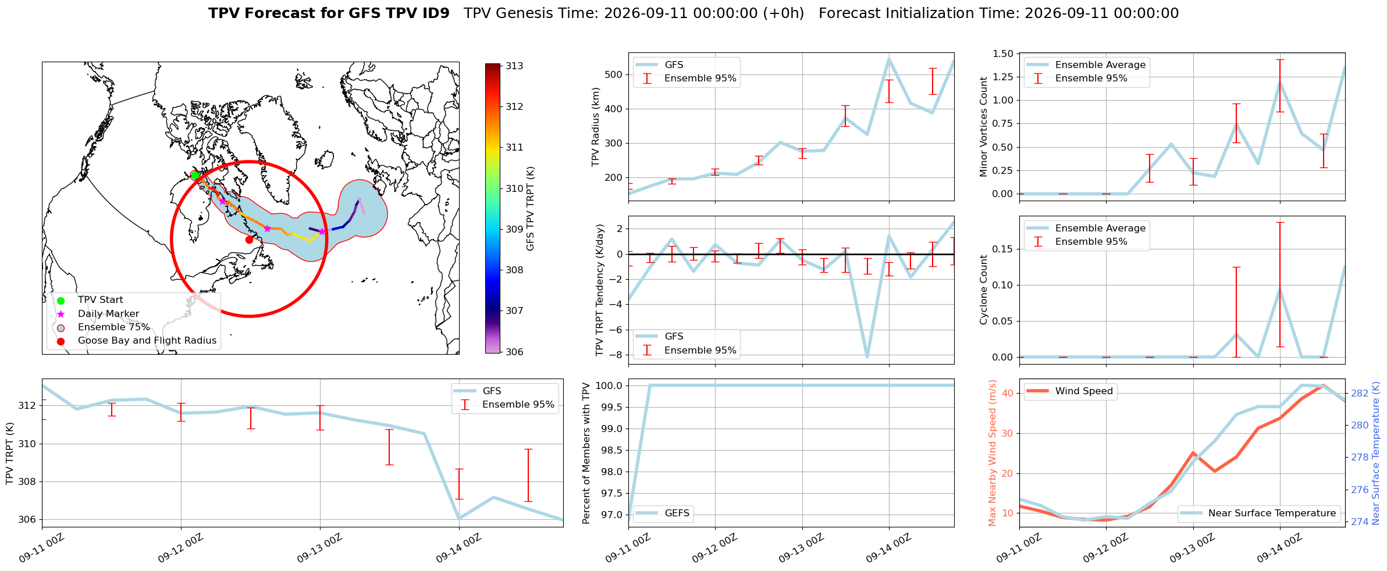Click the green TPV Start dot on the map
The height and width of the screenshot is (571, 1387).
[195, 176]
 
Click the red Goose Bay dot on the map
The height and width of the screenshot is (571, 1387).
[249, 240]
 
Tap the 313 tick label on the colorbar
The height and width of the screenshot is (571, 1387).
[514, 66]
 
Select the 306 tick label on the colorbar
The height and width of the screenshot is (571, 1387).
[514, 352]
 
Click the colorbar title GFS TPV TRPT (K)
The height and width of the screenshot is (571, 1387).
[530, 209]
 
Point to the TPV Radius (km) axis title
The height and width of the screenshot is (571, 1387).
[595, 127]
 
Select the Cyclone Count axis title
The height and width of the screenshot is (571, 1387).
[984, 290]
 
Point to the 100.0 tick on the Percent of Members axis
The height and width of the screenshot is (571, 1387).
[610, 386]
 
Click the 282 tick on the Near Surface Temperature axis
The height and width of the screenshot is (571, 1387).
[1360, 393]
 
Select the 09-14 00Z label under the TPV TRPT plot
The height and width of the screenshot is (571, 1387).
[459, 548]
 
